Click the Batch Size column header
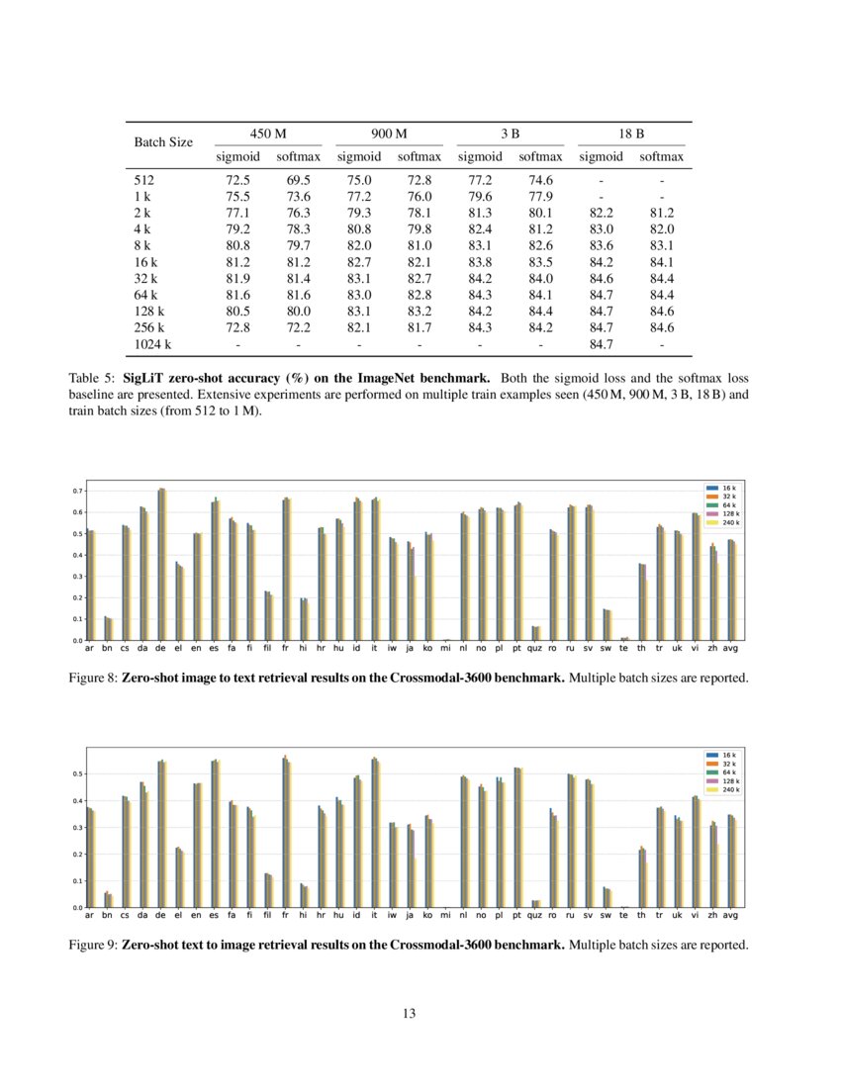click(x=163, y=142)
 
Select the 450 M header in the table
click(x=268, y=133)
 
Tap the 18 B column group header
click(x=630, y=133)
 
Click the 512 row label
click(x=144, y=181)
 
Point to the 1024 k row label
click(x=152, y=344)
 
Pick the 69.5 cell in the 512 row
click(x=298, y=181)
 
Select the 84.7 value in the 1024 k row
click(x=601, y=344)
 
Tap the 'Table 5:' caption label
click(x=92, y=379)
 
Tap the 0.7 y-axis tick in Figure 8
click(x=77, y=491)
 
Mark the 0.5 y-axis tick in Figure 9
click(x=77, y=773)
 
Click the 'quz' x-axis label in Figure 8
click(x=535, y=649)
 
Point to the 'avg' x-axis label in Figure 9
click(x=731, y=916)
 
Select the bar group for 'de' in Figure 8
click(x=161, y=564)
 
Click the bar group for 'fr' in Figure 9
click(x=286, y=832)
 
